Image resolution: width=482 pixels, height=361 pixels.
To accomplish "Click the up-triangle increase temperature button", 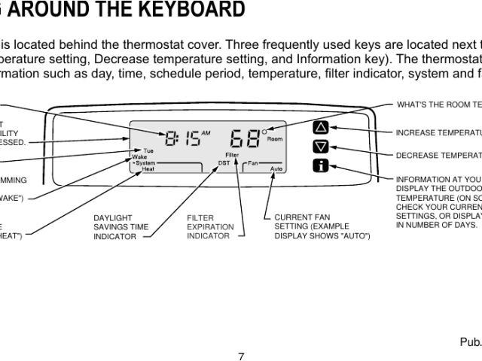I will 321,127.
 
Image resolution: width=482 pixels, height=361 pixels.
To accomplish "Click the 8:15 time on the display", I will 183,139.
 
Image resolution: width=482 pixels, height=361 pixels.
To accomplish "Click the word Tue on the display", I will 148,150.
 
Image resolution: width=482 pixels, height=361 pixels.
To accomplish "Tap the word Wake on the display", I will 139,156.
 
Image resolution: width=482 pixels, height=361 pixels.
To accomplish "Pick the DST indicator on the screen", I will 224,162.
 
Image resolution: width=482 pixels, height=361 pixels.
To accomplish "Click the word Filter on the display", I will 232,154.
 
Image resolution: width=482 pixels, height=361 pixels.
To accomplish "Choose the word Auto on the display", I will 276,169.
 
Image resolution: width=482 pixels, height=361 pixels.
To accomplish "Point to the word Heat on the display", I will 148,169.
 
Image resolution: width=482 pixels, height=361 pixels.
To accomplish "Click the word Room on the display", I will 274,140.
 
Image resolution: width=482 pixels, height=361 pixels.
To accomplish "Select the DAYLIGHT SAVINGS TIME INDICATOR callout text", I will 120,227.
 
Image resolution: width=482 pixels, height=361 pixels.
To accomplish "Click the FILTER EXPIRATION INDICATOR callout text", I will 210,227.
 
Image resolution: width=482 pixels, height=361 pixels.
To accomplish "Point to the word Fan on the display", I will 254,162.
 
